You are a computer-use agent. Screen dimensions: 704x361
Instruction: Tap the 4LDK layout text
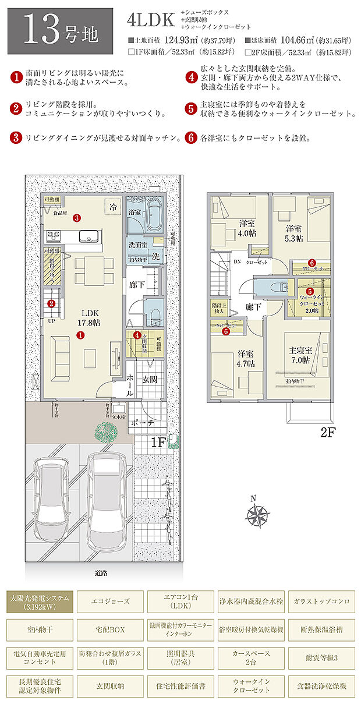[150, 20]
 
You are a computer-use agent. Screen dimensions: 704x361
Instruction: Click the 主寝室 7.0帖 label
[301, 355]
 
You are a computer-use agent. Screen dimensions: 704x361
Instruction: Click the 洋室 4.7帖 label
[245, 358]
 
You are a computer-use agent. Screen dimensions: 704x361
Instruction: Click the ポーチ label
[142, 424]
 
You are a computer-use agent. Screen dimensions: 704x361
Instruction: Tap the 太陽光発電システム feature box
[40, 601]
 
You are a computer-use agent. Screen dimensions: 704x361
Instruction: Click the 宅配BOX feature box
[110, 629]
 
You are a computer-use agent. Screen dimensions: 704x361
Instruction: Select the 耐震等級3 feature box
[321, 658]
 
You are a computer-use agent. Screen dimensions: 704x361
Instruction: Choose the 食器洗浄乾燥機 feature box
[321, 687]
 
